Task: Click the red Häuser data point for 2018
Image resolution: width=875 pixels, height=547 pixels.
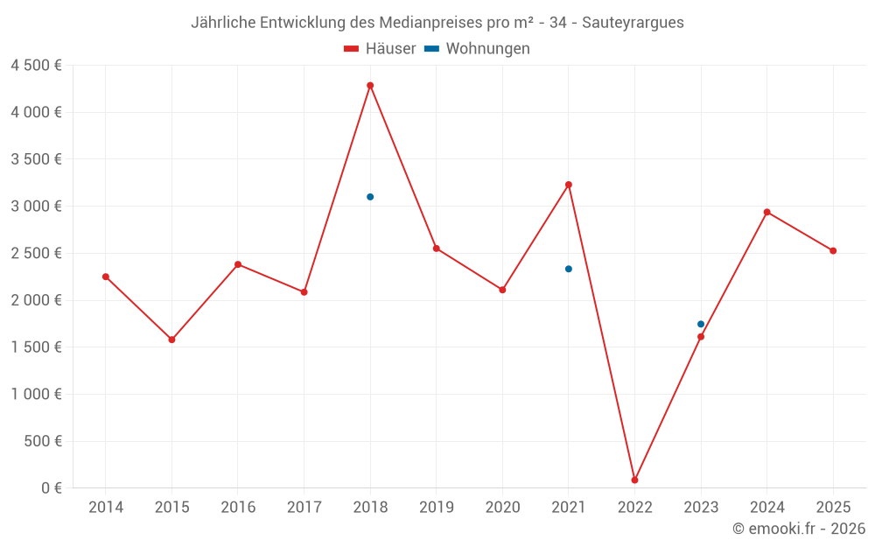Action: click(x=370, y=86)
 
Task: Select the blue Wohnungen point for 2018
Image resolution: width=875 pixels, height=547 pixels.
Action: click(x=370, y=197)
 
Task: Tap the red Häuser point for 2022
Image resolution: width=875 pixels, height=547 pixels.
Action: click(x=635, y=480)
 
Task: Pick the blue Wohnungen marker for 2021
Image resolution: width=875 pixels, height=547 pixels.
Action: click(x=569, y=269)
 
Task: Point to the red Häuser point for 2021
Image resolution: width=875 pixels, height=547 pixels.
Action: click(x=569, y=185)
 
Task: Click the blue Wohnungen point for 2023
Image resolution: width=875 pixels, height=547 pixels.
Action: click(x=701, y=324)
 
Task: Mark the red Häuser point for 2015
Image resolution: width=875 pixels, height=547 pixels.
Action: click(x=171, y=340)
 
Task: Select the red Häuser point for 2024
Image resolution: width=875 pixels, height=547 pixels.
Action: click(x=767, y=212)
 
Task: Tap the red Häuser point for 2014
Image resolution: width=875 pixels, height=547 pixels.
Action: click(x=106, y=277)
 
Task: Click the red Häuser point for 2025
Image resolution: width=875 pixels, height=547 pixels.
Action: click(x=833, y=251)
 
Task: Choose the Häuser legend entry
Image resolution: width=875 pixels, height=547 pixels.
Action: click(x=380, y=49)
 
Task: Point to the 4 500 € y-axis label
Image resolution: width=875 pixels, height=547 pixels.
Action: click(x=36, y=66)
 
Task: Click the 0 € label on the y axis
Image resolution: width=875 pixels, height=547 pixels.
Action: click(x=52, y=488)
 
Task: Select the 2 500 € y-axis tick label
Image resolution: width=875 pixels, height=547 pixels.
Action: click(x=36, y=254)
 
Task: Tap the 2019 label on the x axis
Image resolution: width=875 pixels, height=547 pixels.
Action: click(x=436, y=508)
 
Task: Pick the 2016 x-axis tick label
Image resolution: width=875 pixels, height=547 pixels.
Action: click(x=238, y=508)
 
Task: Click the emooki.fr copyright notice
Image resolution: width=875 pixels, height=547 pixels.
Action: click(x=798, y=529)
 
